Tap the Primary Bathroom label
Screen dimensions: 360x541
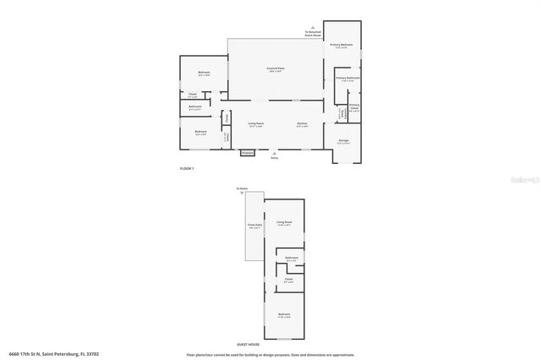347,78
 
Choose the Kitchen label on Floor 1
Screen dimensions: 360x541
302,123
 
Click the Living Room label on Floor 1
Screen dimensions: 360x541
256,123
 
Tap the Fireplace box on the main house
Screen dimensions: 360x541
248,153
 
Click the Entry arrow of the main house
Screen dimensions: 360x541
273,155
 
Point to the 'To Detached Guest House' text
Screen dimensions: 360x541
314,32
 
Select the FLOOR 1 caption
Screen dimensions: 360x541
187,169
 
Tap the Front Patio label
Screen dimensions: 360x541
254,226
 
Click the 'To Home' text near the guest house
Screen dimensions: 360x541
242,188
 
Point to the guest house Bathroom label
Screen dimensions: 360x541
292,258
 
